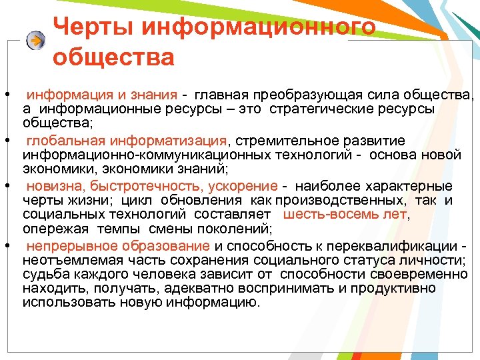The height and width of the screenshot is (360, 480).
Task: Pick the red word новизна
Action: coord(52,186)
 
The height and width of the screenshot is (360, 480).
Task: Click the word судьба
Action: coord(43,274)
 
